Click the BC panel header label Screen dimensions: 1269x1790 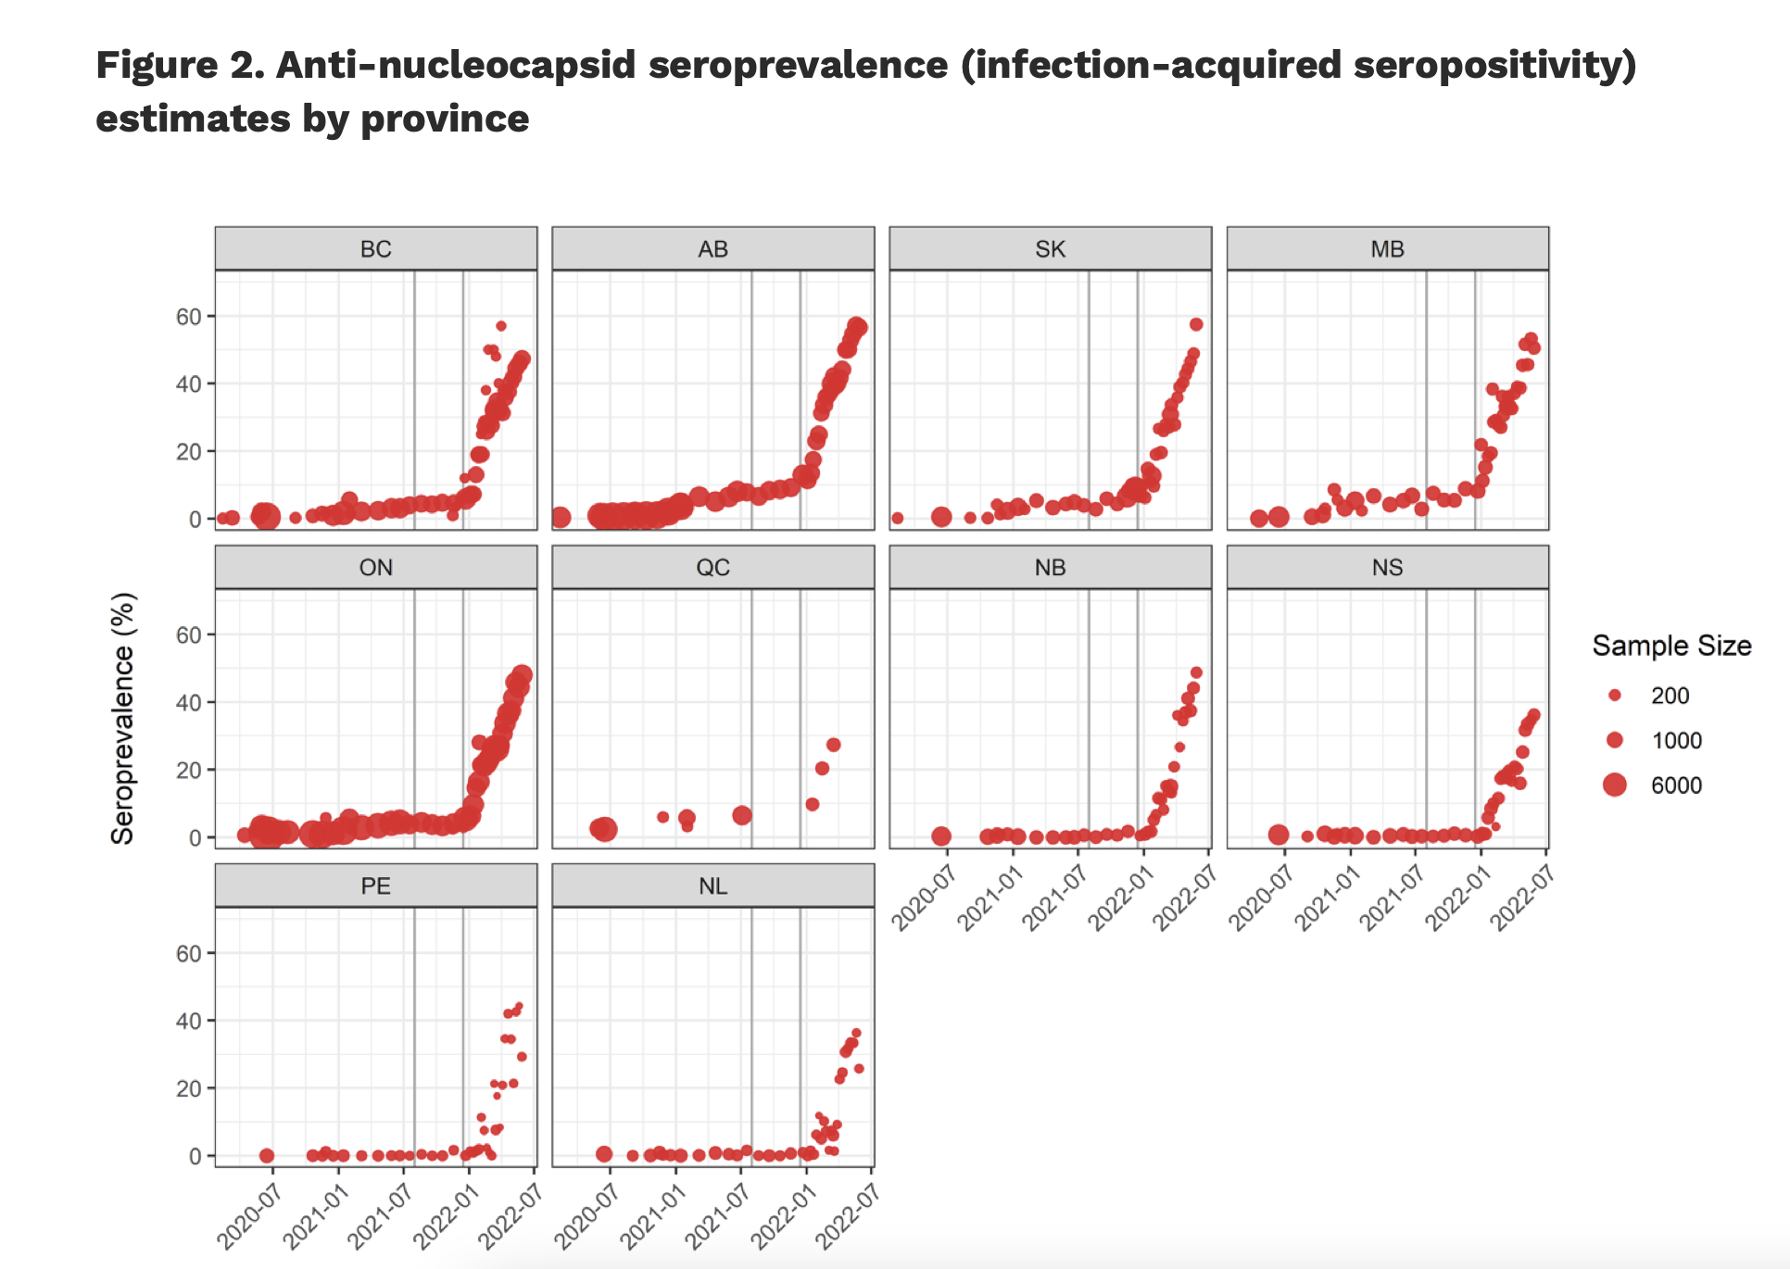coord(375,249)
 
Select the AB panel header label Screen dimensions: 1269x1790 coord(712,249)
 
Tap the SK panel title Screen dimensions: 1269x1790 coord(1050,249)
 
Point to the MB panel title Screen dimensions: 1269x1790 coord(1387,249)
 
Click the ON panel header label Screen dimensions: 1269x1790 coord(375,568)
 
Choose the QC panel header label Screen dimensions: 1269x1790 coord(712,568)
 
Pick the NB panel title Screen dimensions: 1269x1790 coord(1050,568)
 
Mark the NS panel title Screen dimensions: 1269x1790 coord(1387,568)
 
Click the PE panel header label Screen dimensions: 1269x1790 coord(375,886)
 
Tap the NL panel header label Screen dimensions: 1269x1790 coord(712,886)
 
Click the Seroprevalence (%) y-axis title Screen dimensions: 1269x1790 coord(123,718)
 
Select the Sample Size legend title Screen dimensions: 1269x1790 coord(1671,646)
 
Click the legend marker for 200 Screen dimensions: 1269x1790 coord(1615,695)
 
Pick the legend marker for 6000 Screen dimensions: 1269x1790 coord(1615,785)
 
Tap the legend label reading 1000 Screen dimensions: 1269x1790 coord(1676,740)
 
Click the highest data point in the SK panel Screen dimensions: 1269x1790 coord(1196,324)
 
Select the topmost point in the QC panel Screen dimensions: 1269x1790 coord(833,745)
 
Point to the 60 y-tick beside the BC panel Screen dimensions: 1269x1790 coord(189,317)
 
